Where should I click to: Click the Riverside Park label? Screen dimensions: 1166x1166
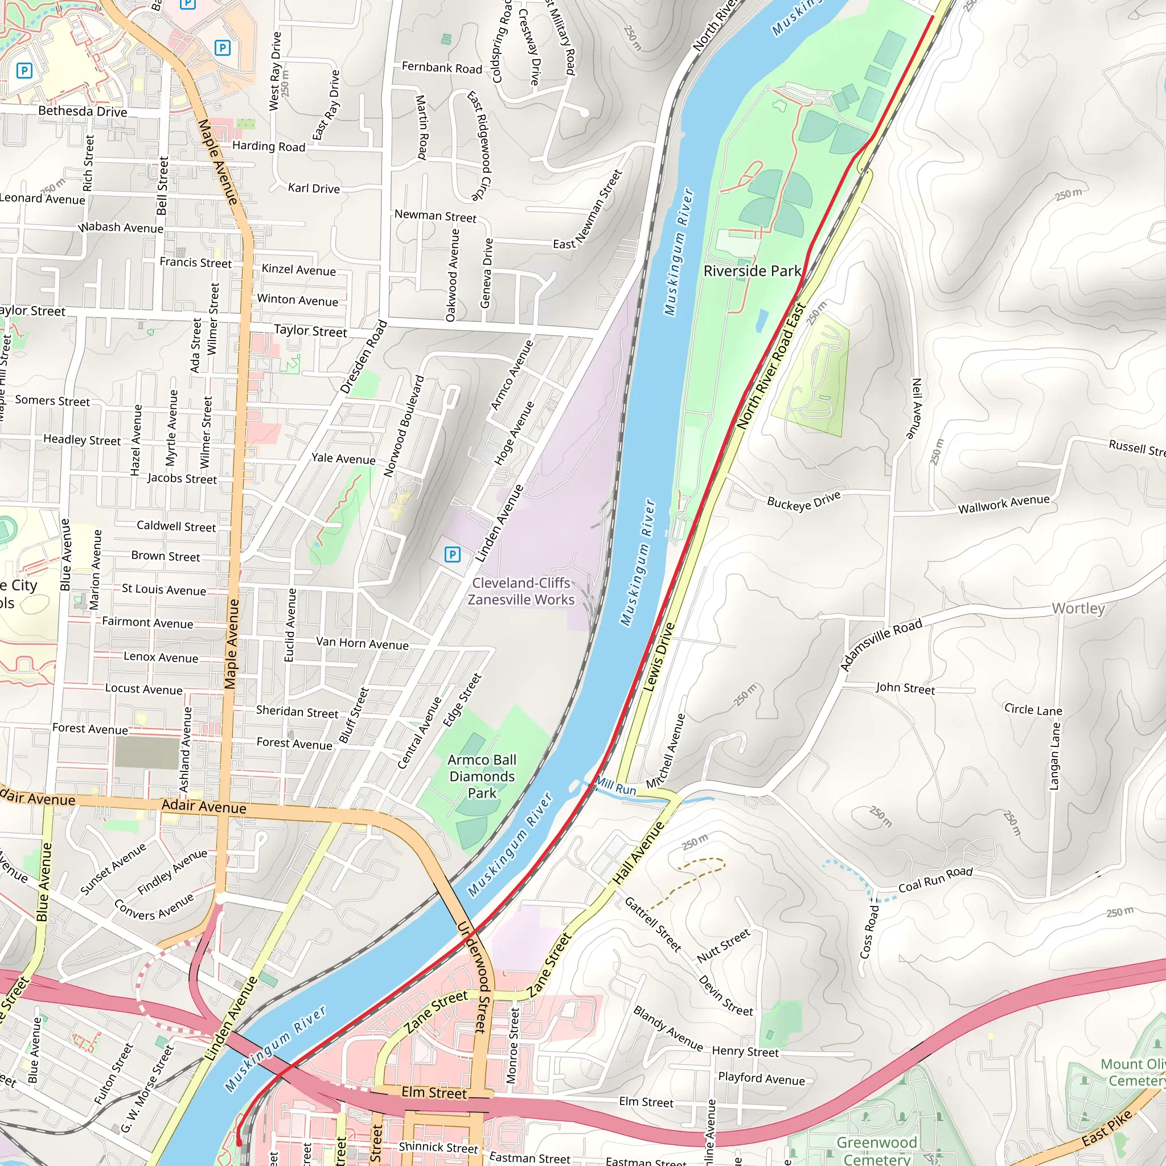[x=752, y=271]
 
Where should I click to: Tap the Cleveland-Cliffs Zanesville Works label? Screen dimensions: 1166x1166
[x=522, y=592]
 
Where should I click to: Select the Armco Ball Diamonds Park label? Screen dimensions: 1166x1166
[x=482, y=776]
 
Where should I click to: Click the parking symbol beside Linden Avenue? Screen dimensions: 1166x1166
[x=452, y=555]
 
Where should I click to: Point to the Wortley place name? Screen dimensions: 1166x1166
[x=1078, y=609]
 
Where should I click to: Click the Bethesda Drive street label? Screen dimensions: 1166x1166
[x=82, y=111]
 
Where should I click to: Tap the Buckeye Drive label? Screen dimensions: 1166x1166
[x=803, y=501]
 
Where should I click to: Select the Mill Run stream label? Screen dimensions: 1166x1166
[x=615, y=786]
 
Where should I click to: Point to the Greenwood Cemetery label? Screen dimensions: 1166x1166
[x=876, y=1150]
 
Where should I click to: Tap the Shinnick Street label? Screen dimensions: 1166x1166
[x=438, y=1147]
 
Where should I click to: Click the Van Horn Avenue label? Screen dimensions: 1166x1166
[x=362, y=643]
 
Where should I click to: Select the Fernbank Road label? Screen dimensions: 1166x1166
[x=442, y=68]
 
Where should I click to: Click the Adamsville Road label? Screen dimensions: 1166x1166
[x=881, y=644]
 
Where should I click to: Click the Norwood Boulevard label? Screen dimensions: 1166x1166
[x=404, y=426]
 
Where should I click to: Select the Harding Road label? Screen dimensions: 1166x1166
[x=269, y=146]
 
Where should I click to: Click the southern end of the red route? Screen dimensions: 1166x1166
[x=239, y=1143]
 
